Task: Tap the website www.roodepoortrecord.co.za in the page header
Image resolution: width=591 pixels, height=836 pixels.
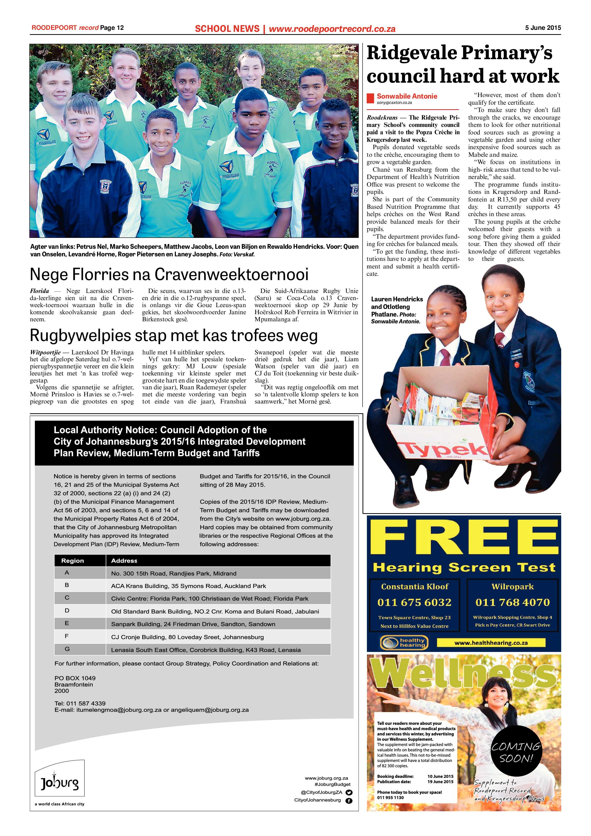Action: [x=332, y=29]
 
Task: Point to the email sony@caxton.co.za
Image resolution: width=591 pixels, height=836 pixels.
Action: [x=394, y=103]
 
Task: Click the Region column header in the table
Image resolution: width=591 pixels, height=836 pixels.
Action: [x=73, y=561]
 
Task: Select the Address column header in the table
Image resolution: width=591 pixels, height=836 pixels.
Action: [x=124, y=561]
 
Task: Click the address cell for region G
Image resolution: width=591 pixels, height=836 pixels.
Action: [x=206, y=650]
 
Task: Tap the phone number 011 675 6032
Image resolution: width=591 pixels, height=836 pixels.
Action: [x=414, y=602]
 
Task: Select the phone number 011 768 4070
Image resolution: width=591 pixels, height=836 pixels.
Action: [x=512, y=602]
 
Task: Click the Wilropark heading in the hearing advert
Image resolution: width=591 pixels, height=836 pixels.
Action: [x=512, y=586]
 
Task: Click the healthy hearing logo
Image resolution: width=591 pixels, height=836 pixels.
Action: [x=404, y=643]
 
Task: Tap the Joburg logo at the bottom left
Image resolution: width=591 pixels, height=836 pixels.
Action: [x=59, y=783]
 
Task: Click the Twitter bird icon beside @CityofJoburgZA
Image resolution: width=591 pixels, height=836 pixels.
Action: [x=349, y=792]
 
